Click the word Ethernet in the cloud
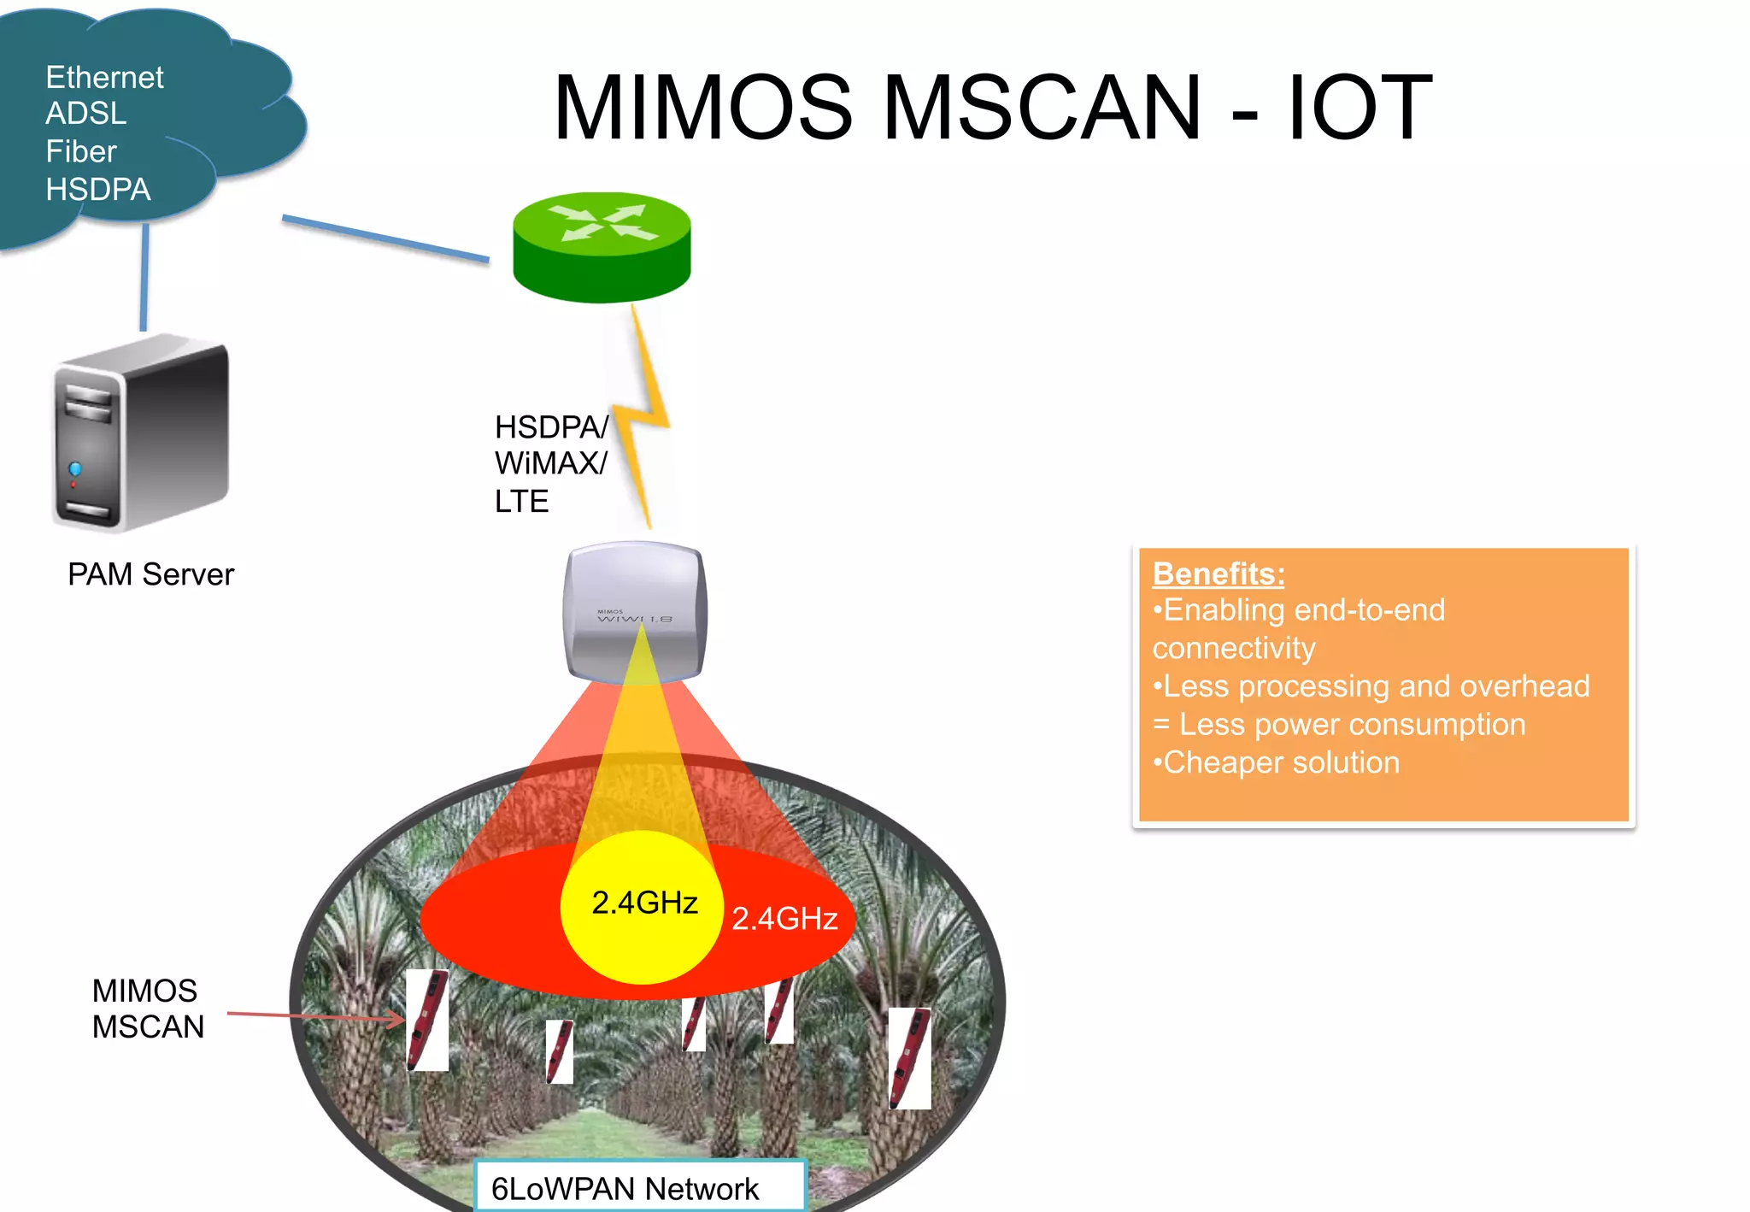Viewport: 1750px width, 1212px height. tap(104, 78)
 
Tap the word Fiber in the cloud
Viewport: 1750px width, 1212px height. tap(80, 151)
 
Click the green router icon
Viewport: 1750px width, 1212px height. tap(602, 246)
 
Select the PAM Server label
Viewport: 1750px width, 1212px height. tap(150, 574)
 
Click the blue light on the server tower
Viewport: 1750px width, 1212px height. tap(75, 468)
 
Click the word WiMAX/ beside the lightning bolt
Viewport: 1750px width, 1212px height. tap(550, 463)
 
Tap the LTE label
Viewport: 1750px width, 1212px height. tap(521, 501)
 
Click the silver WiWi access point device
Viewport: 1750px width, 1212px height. tap(634, 610)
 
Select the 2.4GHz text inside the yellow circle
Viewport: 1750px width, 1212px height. tap(644, 903)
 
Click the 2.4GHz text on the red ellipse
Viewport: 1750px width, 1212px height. tap(784, 918)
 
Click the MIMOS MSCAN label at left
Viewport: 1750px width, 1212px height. tap(148, 1009)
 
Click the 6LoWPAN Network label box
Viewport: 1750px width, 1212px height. tap(639, 1186)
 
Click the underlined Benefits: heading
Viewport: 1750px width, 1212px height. tap(1218, 574)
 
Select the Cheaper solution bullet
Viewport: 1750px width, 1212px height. tap(1277, 762)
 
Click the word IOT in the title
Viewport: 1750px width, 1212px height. tap(1359, 108)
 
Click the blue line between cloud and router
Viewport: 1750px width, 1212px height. tap(385, 238)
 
